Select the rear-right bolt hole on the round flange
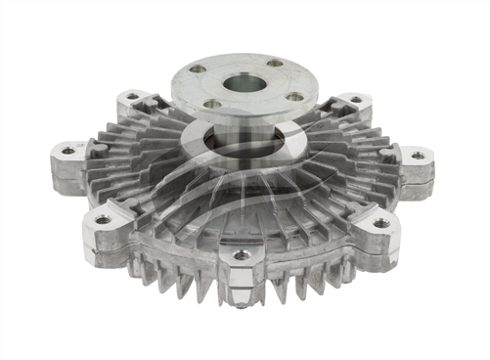[275, 64]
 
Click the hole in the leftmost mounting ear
[67, 151]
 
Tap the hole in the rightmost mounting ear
[418, 156]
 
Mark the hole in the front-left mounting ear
[103, 219]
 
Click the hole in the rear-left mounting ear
[133, 97]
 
